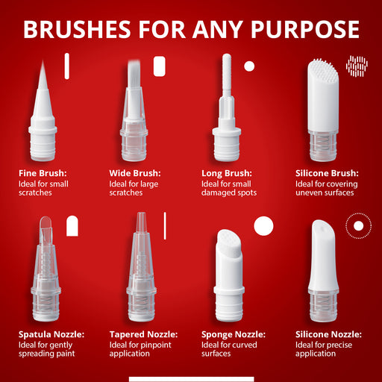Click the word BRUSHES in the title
point(77,29)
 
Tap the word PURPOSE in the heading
point(305,29)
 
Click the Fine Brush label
point(43,173)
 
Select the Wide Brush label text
point(135,173)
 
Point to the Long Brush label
point(227,173)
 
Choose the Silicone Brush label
point(327,173)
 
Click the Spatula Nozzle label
point(51,334)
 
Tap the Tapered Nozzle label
point(144,334)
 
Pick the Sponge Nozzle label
point(234,334)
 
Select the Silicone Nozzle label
point(328,334)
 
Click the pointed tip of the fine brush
point(43,60)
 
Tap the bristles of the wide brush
point(134,73)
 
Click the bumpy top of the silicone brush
point(322,67)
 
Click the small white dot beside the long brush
point(249,66)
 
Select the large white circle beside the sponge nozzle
point(263,226)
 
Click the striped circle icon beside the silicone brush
point(357,66)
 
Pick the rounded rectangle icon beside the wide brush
point(160,66)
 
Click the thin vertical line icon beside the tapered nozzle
point(165,226)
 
